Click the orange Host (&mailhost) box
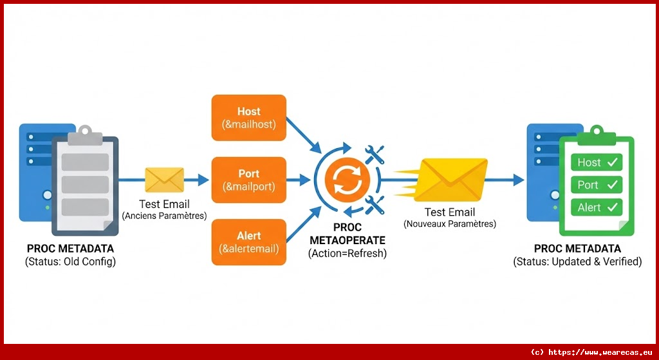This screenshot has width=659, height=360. point(249,117)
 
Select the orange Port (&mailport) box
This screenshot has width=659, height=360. point(249,180)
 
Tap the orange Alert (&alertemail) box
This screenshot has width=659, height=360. point(249,242)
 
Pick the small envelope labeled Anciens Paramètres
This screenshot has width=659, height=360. point(164,180)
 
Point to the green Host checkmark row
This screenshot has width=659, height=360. point(597,162)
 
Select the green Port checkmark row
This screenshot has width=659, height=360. point(597,185)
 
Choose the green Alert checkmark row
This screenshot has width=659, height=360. point(597,207)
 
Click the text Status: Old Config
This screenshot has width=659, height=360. point(71,261)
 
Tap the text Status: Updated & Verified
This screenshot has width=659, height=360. point(577,261)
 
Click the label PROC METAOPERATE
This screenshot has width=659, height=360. point(348,234)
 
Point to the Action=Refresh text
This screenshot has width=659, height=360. point(348,253)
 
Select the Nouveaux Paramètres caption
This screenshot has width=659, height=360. point(450,224)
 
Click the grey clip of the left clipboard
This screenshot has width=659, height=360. point(85,137)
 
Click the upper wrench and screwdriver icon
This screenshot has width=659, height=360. point(375,154)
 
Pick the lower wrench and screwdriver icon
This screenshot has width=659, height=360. point(375,204)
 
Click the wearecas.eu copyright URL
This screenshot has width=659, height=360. point(592,352)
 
